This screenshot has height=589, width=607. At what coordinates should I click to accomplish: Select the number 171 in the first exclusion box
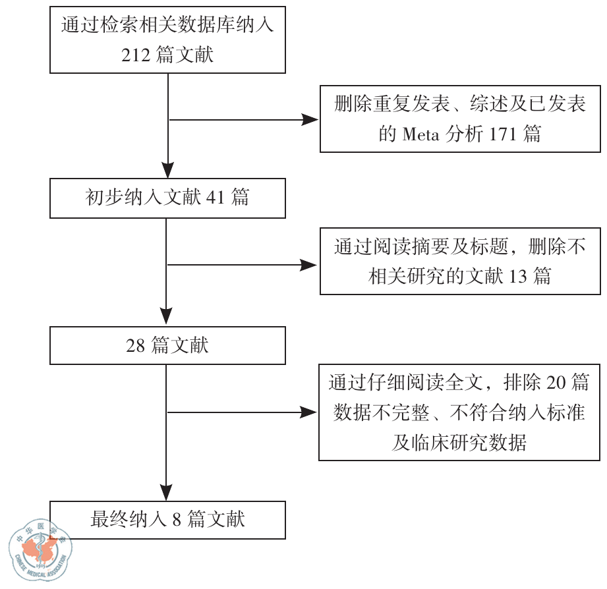click(506, 134)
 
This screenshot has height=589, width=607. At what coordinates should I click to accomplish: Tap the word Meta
click(420, 134)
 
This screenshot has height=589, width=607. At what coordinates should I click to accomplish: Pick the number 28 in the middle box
click(135, 345)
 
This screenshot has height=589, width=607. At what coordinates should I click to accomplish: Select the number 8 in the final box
click(176, 519)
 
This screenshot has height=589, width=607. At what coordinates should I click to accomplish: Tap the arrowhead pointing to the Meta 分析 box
click(310, 120)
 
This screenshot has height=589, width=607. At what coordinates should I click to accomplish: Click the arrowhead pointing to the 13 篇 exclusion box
click(310, 265)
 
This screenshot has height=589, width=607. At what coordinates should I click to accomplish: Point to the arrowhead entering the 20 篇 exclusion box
click(310, 412)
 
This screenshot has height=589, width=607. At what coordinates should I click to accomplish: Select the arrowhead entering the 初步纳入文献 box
click(169, 173)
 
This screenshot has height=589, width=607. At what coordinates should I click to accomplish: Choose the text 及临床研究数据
click(459, 442)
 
